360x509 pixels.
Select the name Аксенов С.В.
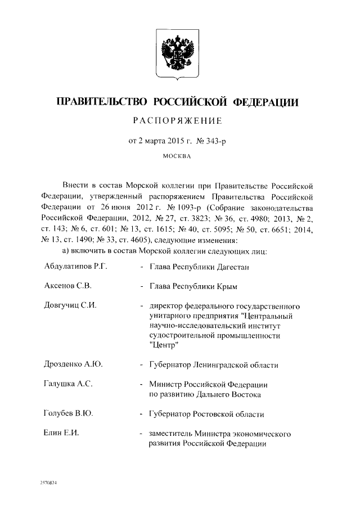pos(67,286)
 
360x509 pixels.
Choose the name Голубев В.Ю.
pos(68,414)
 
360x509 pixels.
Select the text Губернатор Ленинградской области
pos(214,365)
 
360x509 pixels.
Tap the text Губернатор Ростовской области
pos(206,414)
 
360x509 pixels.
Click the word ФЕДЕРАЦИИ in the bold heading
pos(270,102)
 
